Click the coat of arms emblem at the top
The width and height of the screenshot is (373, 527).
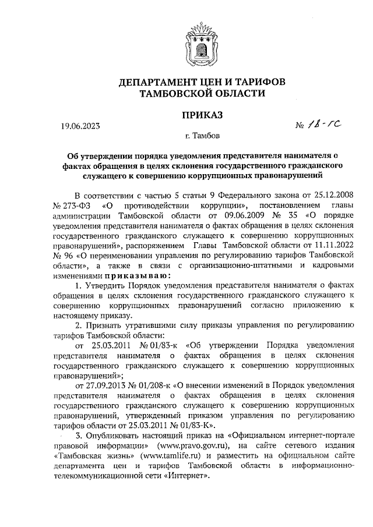click(x=200, y=41)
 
